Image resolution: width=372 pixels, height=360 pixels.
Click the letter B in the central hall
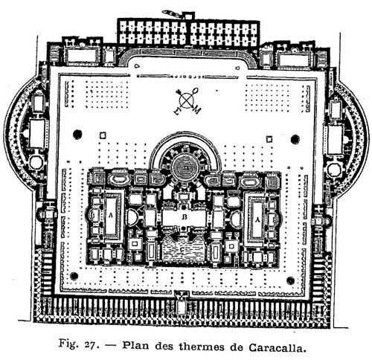[184, 217]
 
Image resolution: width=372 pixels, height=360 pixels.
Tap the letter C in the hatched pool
[182, 249]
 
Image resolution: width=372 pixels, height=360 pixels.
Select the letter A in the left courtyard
[110, 216]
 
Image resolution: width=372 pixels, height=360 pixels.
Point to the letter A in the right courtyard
[257, 219]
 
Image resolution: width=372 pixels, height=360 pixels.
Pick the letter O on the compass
[196, 90]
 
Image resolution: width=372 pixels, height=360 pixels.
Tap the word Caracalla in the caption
[277, 347]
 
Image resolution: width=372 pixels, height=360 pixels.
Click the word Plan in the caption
[137, 345]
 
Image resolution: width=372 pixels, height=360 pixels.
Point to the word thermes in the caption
[200, 346]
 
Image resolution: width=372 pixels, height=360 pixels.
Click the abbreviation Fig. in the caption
[67, 344]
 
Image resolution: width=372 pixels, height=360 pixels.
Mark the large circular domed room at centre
[185, 168]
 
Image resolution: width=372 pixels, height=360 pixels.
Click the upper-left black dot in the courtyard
[77, 134]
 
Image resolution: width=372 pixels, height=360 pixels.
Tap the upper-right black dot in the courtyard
[295, 139]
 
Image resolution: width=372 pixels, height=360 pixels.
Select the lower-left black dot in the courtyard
[74, 276]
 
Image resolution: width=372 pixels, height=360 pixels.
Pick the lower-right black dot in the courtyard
[290, 280]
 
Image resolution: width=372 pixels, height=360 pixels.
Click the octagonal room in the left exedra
[36, 163]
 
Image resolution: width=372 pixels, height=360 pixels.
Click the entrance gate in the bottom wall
[182, 303]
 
